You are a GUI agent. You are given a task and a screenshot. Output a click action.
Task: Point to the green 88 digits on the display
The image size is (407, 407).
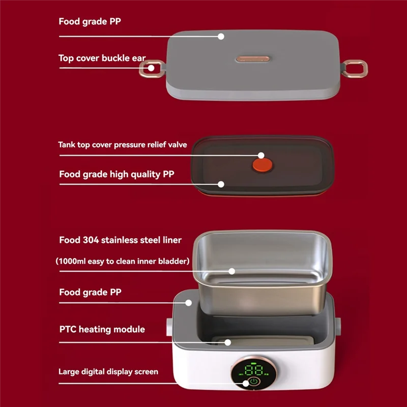coord(253,370)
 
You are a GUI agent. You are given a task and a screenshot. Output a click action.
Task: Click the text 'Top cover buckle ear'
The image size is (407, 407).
coord(102,58)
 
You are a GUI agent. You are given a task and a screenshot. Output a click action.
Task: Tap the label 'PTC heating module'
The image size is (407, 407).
coord(102,329)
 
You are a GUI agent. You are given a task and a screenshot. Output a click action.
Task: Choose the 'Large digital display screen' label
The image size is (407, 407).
coord(108,371)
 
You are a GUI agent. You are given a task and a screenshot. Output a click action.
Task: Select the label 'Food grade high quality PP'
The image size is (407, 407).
coord(117,175)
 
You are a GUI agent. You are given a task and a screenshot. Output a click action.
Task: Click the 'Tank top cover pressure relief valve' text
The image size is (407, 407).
coord(122,144)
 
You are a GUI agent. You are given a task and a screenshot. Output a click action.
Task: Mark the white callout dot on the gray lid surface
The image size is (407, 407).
coord(221,36)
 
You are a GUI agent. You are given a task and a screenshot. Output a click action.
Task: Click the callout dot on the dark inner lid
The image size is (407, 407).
coord(222,184)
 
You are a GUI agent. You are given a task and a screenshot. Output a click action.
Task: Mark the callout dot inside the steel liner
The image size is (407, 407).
coord(231,271)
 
